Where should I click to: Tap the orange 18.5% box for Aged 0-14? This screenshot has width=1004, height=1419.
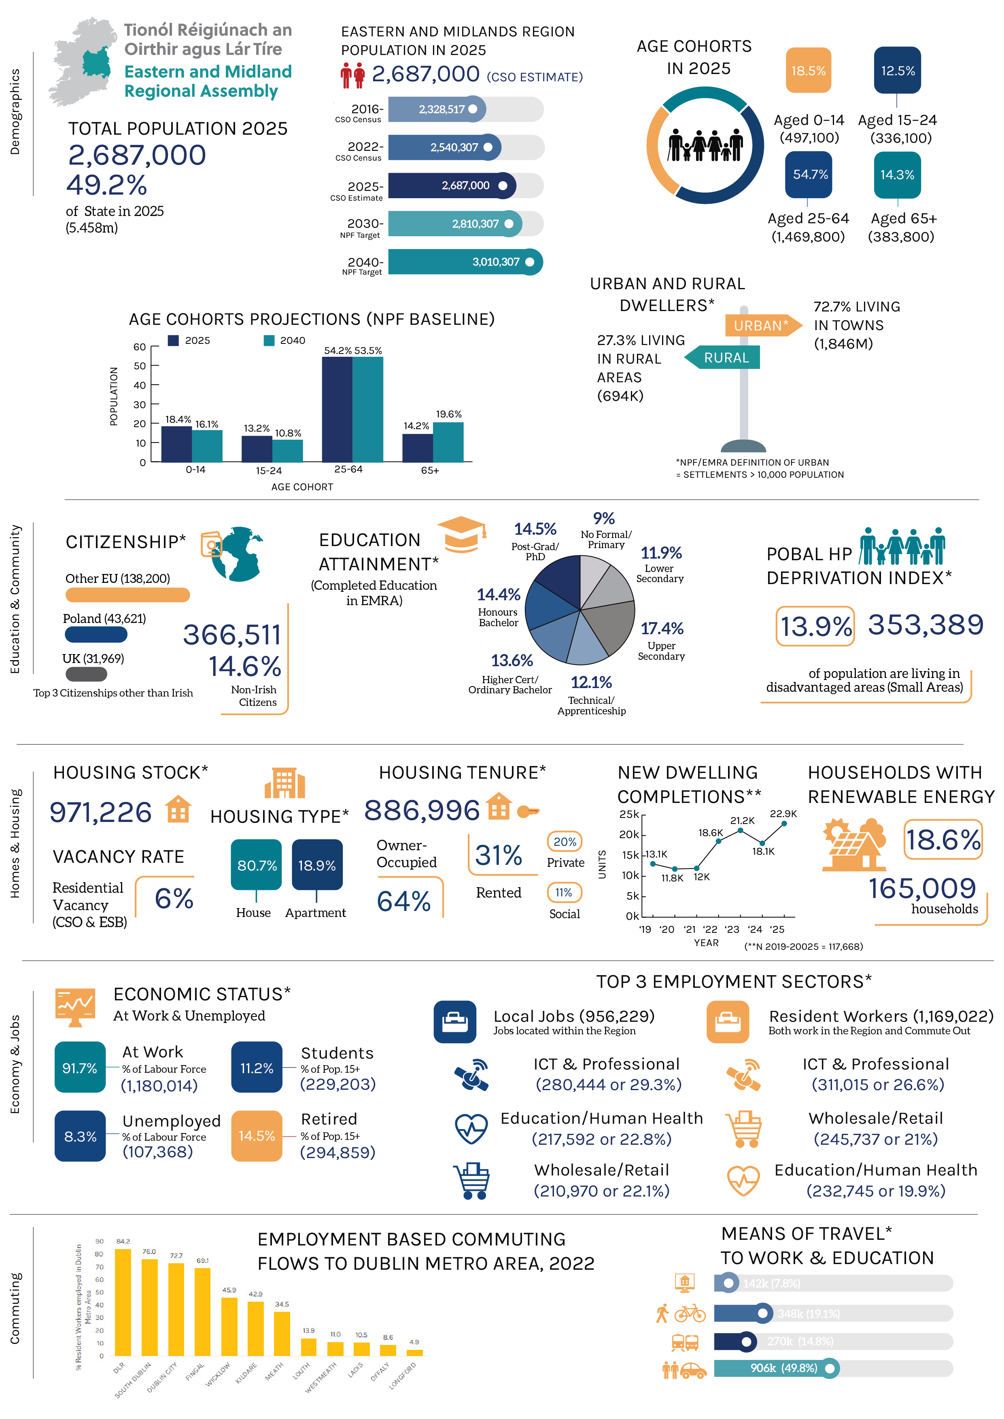808,70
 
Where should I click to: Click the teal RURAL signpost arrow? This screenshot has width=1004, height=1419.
723,358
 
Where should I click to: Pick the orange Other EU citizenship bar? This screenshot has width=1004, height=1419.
127,595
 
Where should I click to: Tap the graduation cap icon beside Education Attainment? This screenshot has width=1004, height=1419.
461,534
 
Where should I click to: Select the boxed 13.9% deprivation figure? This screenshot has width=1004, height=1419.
815,626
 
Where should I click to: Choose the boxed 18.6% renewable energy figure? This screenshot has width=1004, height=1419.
943,839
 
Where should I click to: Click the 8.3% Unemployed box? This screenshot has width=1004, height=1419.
81,1136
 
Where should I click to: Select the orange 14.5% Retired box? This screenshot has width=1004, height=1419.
257,1136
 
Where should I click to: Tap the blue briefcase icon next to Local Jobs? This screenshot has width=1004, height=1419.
455,1022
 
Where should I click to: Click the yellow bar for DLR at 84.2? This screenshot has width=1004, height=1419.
123,1302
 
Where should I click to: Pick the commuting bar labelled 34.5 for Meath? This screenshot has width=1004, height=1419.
282,1333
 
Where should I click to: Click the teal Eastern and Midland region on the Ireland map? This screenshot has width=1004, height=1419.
96,64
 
